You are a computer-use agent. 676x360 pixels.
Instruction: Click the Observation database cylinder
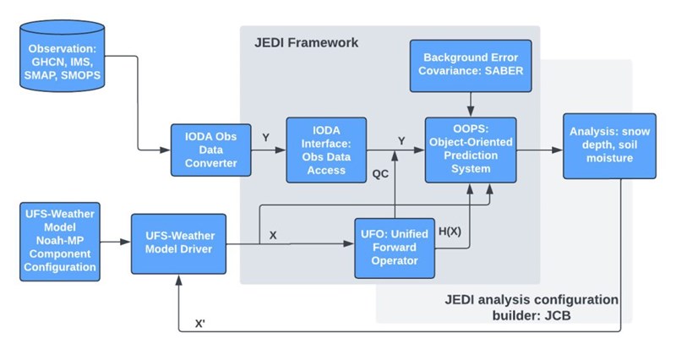click(x=62, y=56)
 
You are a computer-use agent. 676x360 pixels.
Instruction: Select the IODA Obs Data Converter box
click(x=210, y=150)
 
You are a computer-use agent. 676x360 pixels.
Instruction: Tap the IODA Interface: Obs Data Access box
click(x=326, y=150)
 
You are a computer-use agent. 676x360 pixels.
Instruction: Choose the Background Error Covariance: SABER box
click(x=471, y=66)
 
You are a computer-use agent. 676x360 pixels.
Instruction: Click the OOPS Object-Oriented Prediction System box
click(x=471, y=150)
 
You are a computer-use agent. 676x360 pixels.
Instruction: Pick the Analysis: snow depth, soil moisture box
click(x=609, y=145)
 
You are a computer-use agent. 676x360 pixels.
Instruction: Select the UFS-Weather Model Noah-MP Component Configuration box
click(x=60, y=242)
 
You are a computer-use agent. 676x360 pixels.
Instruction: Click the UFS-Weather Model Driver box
click(x=178, y=243)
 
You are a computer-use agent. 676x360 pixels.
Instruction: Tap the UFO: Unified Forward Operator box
click(x=395, y=248)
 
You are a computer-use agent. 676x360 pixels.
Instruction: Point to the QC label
click(x=380, y=174)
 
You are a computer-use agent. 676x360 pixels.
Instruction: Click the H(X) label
click(x=450, y=232)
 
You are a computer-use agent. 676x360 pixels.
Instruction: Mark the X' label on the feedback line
click(x=199, y=324)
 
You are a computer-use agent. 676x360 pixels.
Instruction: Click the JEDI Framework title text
click(x=306, y=43)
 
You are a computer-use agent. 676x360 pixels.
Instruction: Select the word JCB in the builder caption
click(x=556, y=315)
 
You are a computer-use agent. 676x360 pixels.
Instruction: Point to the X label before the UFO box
click(x=273, y=236)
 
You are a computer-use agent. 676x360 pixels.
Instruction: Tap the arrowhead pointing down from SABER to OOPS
click(x=471, y=112)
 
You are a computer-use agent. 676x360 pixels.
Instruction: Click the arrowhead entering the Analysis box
click(x=558, y=150)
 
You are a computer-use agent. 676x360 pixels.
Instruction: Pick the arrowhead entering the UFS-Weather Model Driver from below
click(x=178, y=280)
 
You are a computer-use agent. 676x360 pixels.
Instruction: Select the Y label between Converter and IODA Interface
click(x=266, y=138)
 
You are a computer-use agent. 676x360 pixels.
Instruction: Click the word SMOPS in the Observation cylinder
click(x=80, y=75)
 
